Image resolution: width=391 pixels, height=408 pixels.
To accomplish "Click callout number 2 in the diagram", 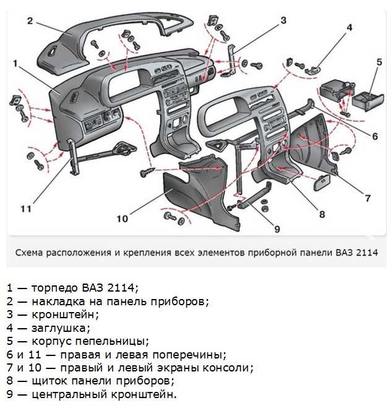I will click(x=30, y=20).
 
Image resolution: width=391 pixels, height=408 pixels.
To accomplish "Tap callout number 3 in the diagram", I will click(x=283, y=21).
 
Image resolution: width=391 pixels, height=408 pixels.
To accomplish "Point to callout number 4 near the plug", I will click(x=349, y=27).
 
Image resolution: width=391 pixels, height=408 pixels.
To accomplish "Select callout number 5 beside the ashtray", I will click(x=379, y=62).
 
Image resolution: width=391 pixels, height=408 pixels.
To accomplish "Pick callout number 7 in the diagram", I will click(x=367, y=198).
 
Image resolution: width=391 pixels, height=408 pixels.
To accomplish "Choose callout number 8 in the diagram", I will click(x=322, y=215).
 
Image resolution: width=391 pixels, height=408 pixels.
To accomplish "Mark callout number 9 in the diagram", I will click(x=277, y=228).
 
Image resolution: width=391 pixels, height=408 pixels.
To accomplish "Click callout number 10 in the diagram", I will click(x=122, y=218).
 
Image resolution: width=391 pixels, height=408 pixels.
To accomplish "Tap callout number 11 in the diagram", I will click(x=25, y=209).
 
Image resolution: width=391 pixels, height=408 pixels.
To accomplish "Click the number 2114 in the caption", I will click(x=365, y=253).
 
